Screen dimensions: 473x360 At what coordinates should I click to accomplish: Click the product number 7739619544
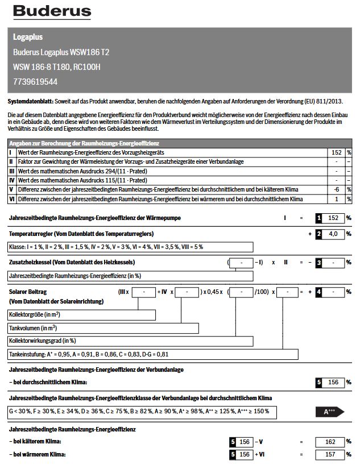[x=35, y=81]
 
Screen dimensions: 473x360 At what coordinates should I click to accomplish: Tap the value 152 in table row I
[x=336, y=153]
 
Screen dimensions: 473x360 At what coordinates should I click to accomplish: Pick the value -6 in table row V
[x=337, y=189]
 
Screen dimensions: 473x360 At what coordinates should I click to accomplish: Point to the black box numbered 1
[x=320, y=218]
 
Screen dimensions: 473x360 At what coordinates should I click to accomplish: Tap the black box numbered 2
[x=320, y=234]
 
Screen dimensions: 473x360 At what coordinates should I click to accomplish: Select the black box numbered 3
[x=320, y=263]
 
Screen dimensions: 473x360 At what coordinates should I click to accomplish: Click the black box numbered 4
[x=320, y=292]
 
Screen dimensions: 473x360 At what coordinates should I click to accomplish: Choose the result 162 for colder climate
[x=330, y=441]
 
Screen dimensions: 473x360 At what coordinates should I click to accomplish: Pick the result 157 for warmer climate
[x=330, y=455]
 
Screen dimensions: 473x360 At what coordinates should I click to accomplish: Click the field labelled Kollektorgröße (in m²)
[x=81, y=315]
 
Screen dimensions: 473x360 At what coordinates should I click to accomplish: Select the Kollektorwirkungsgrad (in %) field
[x=130, y=341]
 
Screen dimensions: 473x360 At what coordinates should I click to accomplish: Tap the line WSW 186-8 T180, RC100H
[x=56, y=67]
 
